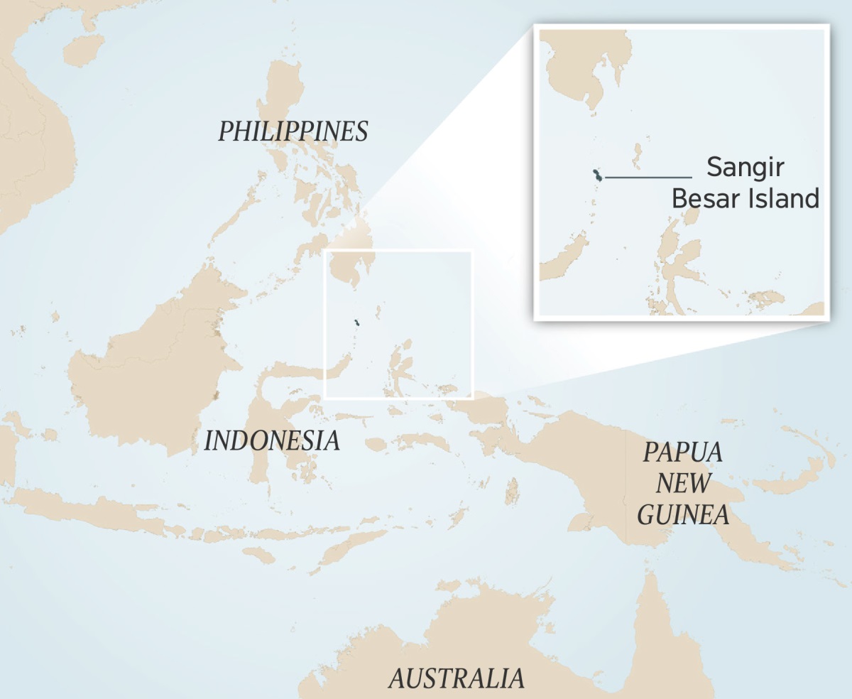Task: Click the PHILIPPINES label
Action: point(293,131)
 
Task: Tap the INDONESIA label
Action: point(272,441)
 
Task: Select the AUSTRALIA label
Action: point(457,678)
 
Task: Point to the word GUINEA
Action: point(683,514)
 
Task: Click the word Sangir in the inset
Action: point(745,168)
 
